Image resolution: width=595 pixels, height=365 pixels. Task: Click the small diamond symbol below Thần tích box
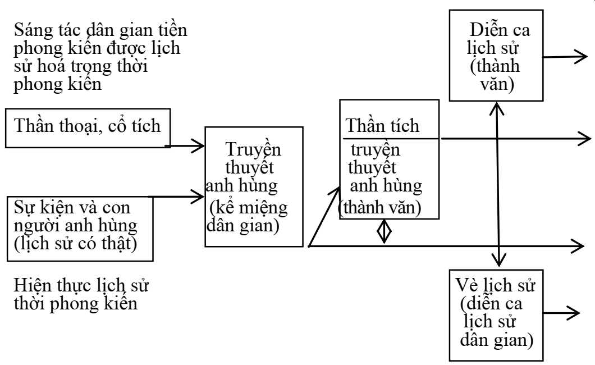tap(384, 231)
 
